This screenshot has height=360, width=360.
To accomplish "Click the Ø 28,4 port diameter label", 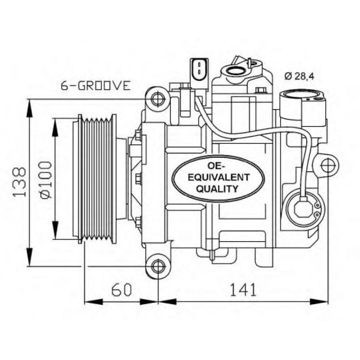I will coord(299,76).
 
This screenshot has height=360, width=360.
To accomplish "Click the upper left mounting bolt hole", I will coord(157,98).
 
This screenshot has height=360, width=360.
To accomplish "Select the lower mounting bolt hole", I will coord(157,266).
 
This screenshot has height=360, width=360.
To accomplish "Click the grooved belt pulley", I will coord(96,179).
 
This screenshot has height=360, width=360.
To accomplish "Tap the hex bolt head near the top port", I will coord(261,91).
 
